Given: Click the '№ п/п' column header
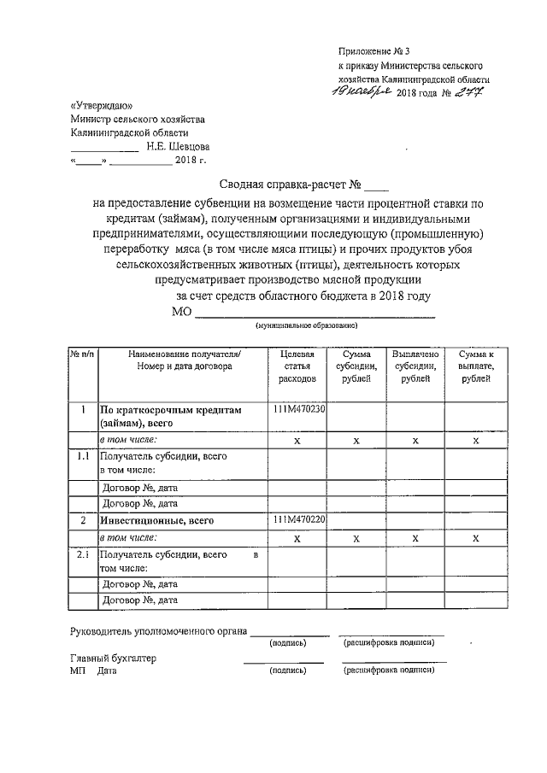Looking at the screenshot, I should (83, 354).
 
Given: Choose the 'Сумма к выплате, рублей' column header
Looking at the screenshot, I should (475, 366).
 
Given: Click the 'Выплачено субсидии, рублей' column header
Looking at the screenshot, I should (415, 366).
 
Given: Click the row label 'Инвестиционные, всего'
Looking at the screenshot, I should (156, 520).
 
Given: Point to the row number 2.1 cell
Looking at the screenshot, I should (83, 555).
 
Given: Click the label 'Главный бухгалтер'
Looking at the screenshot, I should (113, 659).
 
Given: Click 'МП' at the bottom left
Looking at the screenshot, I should (77, 671).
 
